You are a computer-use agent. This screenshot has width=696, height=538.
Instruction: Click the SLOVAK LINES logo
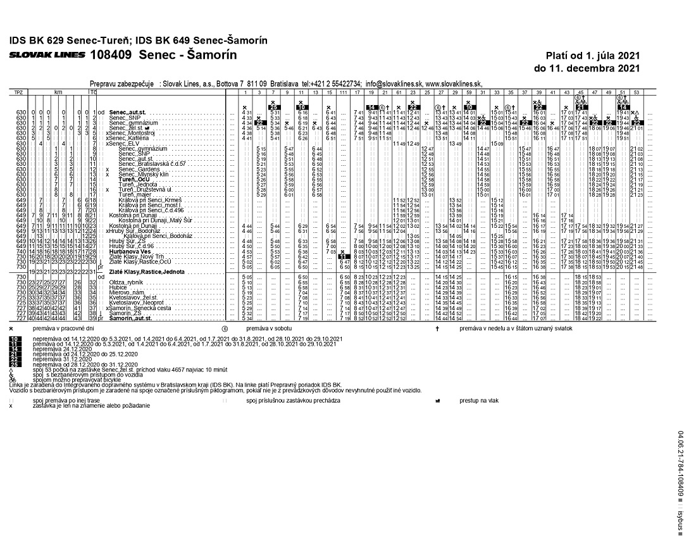(47, 55)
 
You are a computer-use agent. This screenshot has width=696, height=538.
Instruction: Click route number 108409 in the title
(111, 54)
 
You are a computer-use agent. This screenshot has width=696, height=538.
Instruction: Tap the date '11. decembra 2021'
(587, 68)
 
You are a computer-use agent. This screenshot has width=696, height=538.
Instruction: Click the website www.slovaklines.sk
(454, 83)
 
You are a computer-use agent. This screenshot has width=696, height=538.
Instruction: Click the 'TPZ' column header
(18, 92)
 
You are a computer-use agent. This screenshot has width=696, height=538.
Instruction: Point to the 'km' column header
(58, 92)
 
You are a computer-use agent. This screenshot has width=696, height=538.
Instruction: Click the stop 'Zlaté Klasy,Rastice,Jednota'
(146, 271)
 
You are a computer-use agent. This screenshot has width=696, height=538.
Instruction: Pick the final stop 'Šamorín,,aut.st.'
(131, 318)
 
